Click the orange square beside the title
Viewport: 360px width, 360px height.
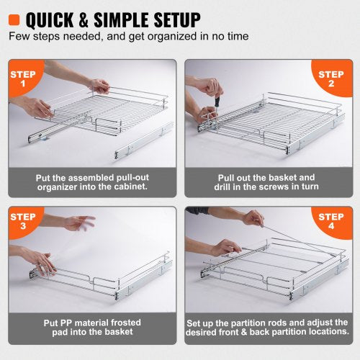coord(13,19)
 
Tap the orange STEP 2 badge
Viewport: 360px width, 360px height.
coord(333,78)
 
